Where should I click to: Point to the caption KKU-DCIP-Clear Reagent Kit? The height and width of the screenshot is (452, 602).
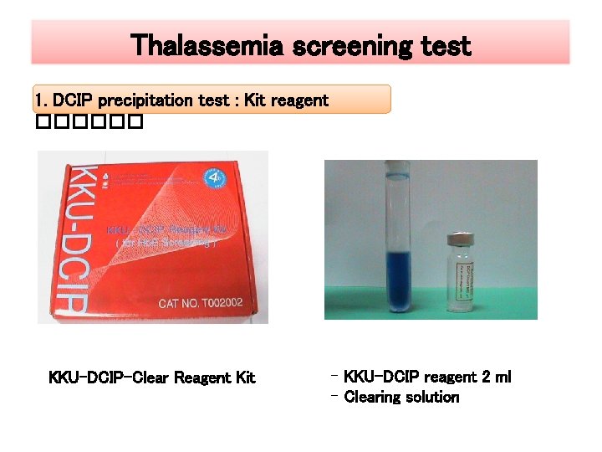tap(152, 378)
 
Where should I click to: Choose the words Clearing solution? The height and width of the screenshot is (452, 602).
tap(401, 397)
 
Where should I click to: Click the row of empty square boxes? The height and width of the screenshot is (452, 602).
tap(90, 123)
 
